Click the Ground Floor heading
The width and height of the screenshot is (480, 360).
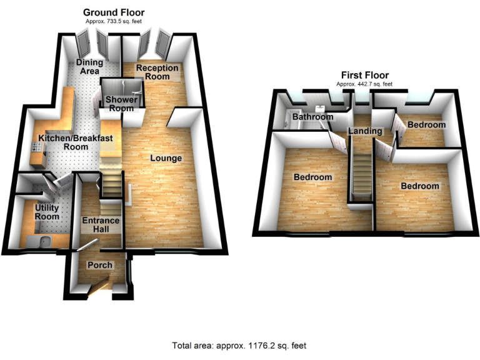pyautogui.click(x=114, y=12)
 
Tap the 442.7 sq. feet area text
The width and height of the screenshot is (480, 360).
pyautogui.click(x=364, y=84)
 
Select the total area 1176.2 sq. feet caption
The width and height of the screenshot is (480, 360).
pyautogui.click(x=239, y=345)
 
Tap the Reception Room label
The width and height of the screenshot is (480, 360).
pyautogui.click(x=157, y=72)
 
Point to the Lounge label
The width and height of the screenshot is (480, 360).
pyautogui.click(x=166, y=158)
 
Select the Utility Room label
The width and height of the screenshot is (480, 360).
pyautogui.click(x=47, y=212)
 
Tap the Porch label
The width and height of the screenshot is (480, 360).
pyautogui.click(x=100, y=265)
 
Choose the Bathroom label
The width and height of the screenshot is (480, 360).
pyautogui.click(x=313, y=117)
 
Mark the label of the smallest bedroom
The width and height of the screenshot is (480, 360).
pyautogui.click(x=427, y=125)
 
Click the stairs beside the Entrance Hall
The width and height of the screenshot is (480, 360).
pyautogui.click(x=112, y=183)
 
